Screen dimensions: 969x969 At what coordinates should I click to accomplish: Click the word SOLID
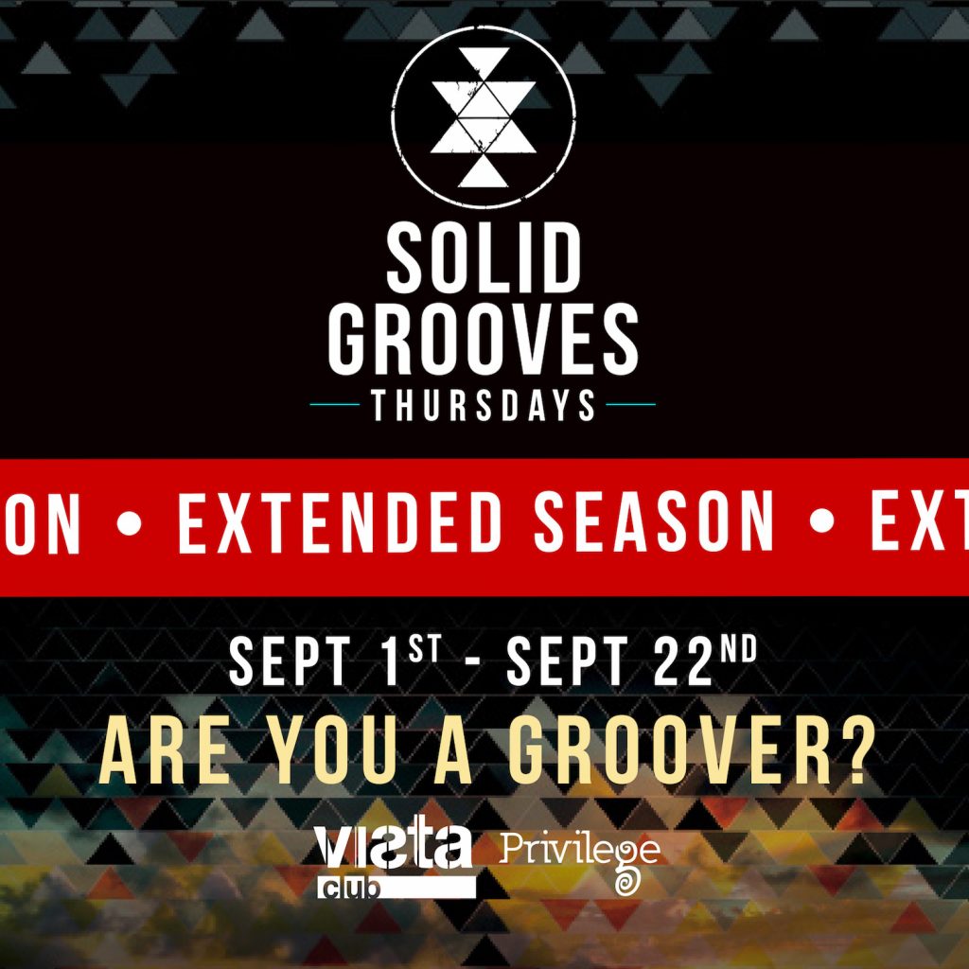tap(483, 259)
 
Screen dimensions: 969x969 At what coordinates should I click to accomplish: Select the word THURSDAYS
tap(483, 405)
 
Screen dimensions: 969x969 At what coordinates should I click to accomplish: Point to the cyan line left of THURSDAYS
tap(334, 404)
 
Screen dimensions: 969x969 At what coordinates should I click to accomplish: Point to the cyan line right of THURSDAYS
tap(630, 404)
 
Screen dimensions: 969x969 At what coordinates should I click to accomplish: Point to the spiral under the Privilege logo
tap(625, 883)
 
